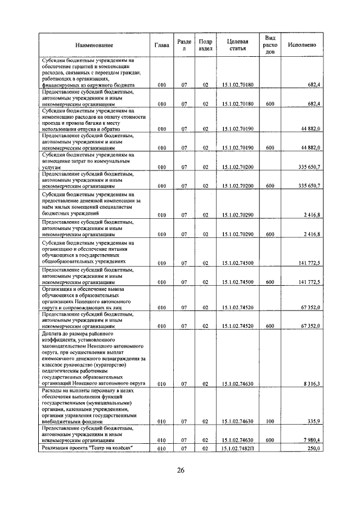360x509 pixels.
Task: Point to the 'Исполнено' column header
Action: pos(301,45)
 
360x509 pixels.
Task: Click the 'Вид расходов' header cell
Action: pos(270,45)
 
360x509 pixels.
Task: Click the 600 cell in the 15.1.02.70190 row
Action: pos(270,148)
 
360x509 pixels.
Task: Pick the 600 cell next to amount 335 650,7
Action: pos(270,185)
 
